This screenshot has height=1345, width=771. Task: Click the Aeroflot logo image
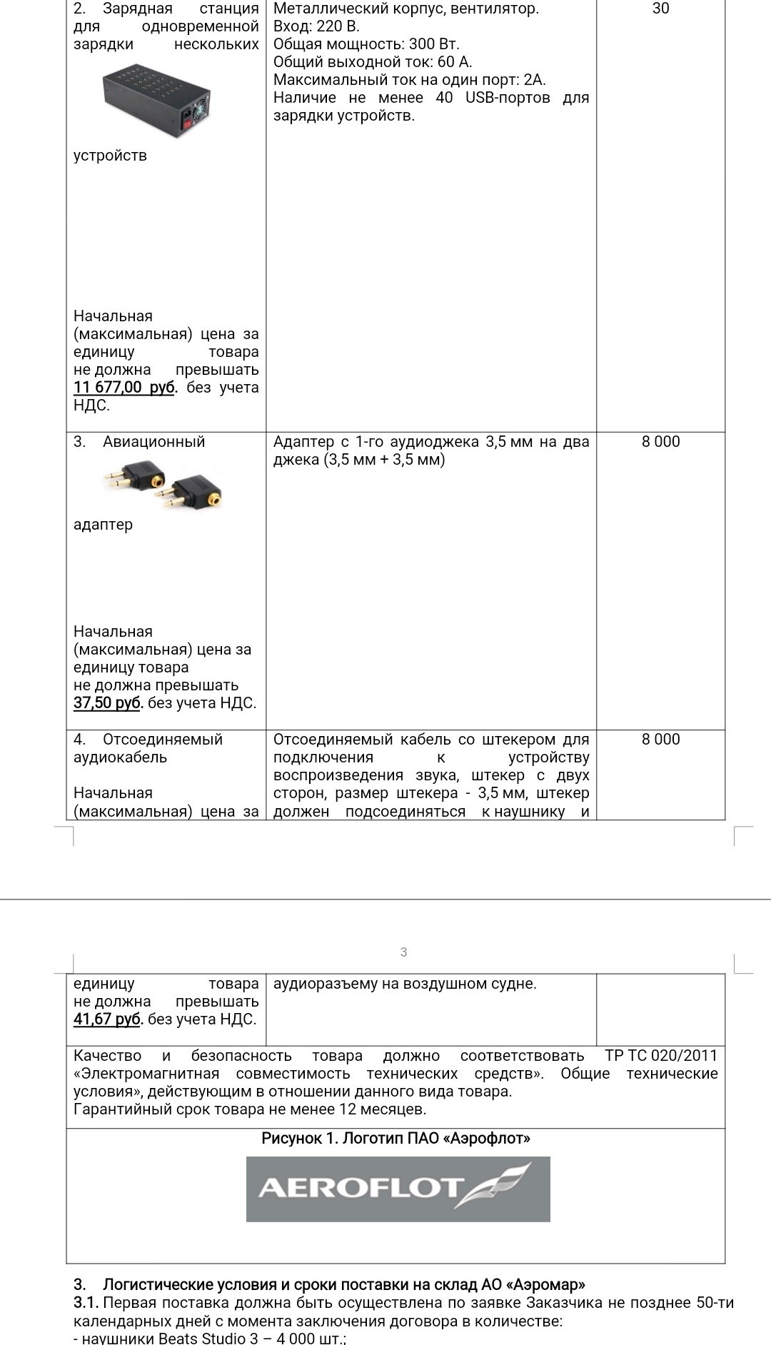tap(398, 1189)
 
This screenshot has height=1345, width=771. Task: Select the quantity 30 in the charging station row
tap(660, 9)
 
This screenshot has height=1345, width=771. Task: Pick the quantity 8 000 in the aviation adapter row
tap(660, 441)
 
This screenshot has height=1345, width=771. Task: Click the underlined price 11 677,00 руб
tap(124, 388)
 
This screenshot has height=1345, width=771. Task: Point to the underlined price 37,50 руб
tap(108, 703)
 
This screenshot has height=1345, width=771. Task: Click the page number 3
tap(403, 952)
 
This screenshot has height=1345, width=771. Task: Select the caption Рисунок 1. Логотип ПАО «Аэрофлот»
tap(395, 1138)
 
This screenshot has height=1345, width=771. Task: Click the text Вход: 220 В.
tap(316, 26)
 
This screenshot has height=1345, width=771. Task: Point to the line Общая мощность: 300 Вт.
tap(366, 44)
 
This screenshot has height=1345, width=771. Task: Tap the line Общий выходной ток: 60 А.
tap(373, 62)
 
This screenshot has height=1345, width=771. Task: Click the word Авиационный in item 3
tap(153, 442)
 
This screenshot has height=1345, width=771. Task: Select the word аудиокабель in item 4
tap(120, 757)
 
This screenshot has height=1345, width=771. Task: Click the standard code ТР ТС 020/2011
tap(661, 1056)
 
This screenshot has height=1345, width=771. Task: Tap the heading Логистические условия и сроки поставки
tap(344, 1285)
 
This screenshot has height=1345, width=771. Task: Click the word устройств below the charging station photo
tap(110, 156)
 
